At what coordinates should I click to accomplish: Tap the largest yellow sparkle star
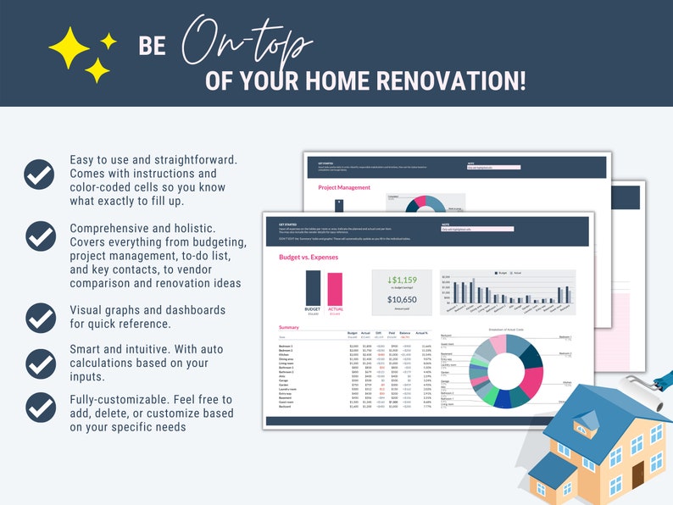click(70, 47)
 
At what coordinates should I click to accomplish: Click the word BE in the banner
click(153, 47)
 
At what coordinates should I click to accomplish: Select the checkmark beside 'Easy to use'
click(39, 174)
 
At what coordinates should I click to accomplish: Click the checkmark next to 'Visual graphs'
click(39, 317)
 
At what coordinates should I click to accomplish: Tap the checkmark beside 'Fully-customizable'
click(39, 407)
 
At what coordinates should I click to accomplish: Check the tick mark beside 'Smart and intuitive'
click(39, 363)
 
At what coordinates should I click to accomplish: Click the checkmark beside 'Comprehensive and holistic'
click(39, 235)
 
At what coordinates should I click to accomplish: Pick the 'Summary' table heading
click(288, 327)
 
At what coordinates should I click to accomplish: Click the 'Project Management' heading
click(344, 187)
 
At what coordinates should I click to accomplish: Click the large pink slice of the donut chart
click(531, 380)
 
